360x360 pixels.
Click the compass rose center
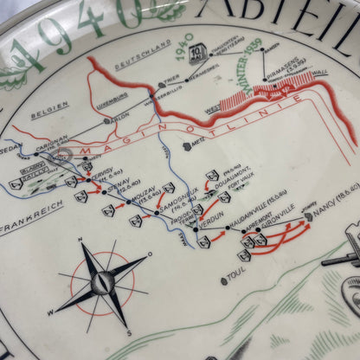[101, 282]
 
